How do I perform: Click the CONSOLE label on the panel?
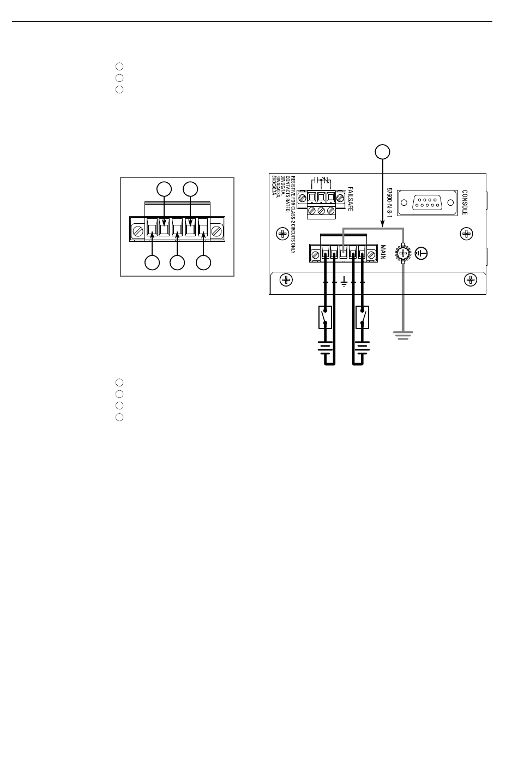coord(465,202)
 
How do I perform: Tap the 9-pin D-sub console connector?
coord(427,202)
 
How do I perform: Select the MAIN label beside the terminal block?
coord(383,252)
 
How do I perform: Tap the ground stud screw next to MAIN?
coord(403,253)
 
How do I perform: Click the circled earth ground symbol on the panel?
coord(421,253)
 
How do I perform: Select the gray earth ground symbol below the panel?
coord(403,335)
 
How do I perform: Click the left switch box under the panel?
coord(326,317)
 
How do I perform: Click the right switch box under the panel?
coord(361,317)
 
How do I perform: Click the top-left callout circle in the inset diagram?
coord(164,189)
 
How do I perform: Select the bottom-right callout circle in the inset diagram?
coord(203,263)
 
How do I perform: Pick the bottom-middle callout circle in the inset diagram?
coord(177,263)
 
